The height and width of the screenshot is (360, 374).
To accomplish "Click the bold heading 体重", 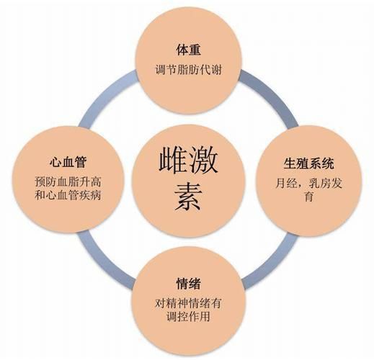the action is [x=188, y=50].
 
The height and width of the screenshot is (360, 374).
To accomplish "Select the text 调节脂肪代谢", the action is [x=188, y=70].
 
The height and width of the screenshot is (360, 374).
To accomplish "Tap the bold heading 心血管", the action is [x=68, y=162].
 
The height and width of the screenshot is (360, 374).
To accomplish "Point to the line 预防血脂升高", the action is [x=68, y=181].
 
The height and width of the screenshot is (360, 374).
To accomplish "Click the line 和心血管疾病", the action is [x=68, y=195].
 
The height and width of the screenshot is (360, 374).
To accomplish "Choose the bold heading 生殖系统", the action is [x=308, y=163].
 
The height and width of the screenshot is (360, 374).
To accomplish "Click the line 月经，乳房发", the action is [x=308, y=184].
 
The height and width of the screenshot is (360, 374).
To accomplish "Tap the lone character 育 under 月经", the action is [x=308, y=197].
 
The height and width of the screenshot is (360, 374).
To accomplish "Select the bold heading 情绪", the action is [x=188, y=284].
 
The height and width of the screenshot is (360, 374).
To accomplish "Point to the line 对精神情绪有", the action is [x=188, y=303].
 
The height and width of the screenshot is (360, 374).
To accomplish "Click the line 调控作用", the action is [x=188, y=317].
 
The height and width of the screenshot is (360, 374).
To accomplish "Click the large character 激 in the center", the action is [x=203, y=160].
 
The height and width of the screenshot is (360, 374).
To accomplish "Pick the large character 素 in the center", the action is [x=188, y=197].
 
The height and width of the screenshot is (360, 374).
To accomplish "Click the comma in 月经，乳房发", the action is [x=300, y=186].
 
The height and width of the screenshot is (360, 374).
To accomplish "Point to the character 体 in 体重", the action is [x=182, y=50].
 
